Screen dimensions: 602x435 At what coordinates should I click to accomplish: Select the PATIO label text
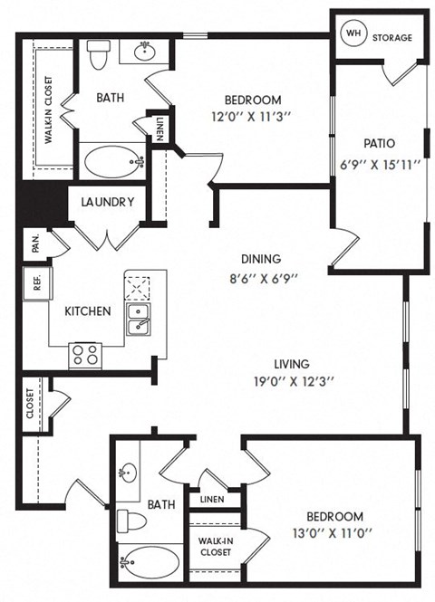tap(378, 143)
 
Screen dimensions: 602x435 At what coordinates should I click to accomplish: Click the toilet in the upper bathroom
tap(100, 55)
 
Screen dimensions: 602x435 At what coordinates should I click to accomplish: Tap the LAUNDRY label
tap(108, 202)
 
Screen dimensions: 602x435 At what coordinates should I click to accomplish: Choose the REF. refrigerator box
tap(37, 282)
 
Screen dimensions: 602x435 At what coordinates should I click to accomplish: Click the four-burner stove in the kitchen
tap(86, 353)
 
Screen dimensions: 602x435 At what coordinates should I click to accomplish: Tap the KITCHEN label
tap(87, 311)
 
